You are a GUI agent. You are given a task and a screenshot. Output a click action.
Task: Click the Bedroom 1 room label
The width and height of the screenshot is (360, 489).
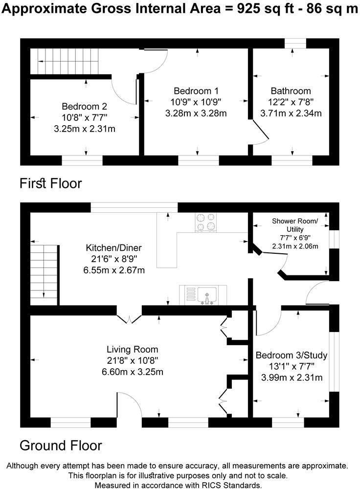click(196, 91)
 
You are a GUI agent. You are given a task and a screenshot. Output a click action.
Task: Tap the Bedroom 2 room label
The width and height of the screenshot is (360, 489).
click(84, 106)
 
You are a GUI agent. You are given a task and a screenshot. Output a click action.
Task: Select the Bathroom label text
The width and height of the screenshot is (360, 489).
click(291, 91)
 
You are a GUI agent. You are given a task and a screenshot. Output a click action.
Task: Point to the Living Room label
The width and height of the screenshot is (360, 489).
click(133, 349)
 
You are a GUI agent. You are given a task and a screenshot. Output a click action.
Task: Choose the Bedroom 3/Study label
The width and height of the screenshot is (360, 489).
click(292, 355)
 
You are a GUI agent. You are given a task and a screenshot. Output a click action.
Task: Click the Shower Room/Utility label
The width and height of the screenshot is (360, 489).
click(295, 225)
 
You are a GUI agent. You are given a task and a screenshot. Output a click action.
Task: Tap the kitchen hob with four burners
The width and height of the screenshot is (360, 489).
click(206, 222)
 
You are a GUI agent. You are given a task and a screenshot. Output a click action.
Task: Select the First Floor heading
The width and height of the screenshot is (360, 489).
click(50, 183)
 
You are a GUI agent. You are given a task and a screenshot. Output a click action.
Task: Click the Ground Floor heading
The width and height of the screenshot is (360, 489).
click(61, 445)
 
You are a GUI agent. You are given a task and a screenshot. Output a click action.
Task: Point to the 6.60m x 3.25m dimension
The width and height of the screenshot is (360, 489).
click(133, 372)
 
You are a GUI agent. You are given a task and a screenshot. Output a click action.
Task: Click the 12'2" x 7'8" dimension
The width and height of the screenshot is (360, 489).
click(291, 102)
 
